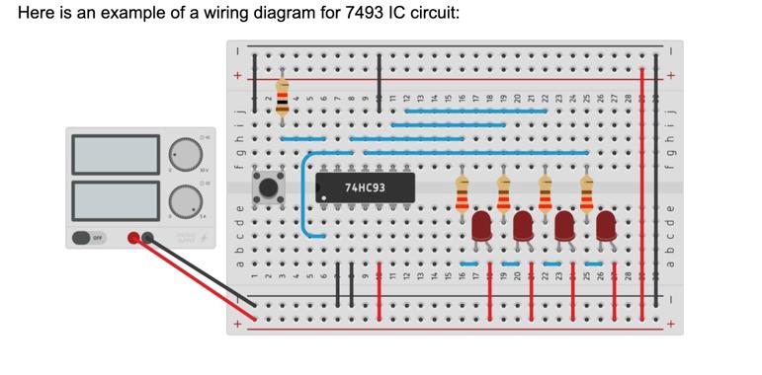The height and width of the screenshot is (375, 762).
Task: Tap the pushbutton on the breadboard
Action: click(x=268, y=187)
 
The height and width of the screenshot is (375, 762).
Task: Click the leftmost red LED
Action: click(x=481, y=225)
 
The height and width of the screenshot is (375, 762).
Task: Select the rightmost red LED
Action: click(x=606, y=225)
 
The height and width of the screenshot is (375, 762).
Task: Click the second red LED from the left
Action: click(x=523, y=225)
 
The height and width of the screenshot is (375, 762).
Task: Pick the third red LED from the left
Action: click(x=564, y=225)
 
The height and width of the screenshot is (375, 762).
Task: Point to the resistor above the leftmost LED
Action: click(x=462, y=194)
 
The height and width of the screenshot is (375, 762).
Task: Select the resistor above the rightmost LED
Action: click(x=587, y=194)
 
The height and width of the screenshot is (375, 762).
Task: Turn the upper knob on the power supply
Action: click(x=184, y=154)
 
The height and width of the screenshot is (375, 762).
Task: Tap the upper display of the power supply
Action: click(x=116, y=154)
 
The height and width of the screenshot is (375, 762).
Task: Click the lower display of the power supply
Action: click(x=116, y=199)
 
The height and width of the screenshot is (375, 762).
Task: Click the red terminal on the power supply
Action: click(x=134, y=238)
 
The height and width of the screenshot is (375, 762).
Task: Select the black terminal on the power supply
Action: click(x=148, y=238)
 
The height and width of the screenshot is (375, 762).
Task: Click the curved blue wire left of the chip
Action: click(x=303, y=197)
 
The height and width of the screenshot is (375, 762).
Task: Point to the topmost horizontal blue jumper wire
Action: click(x=475, y=112)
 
